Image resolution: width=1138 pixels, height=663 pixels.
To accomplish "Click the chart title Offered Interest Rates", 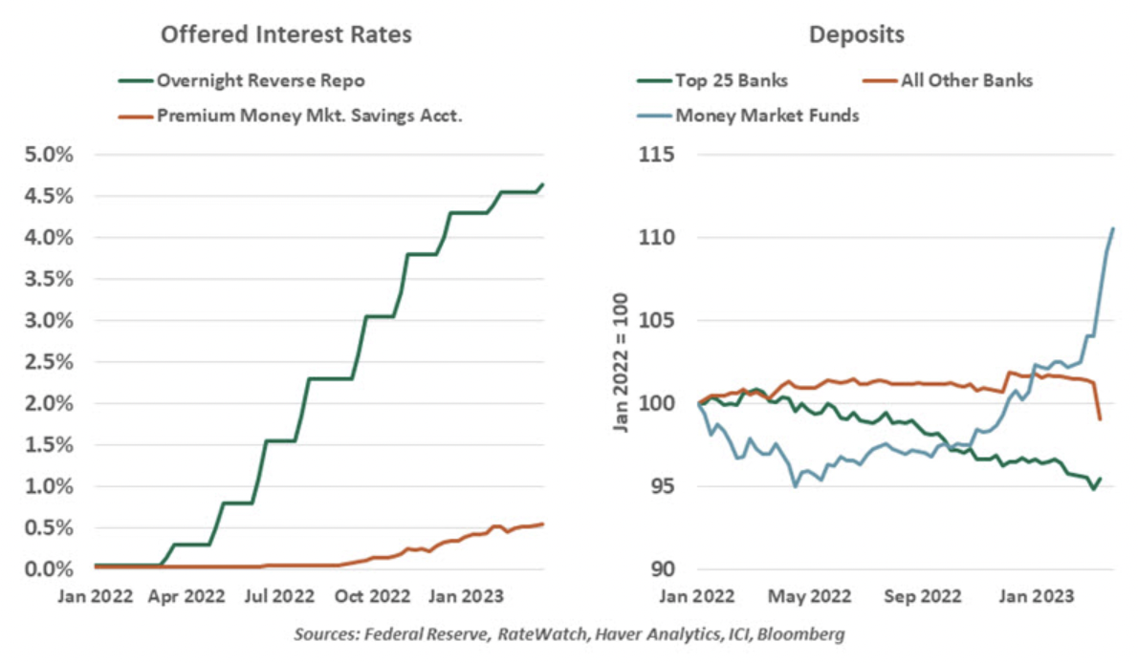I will pos(286,35).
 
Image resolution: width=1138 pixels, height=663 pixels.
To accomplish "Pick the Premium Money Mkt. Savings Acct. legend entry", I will pos(297,117).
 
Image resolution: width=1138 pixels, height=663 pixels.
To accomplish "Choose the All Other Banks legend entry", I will pos(966,80).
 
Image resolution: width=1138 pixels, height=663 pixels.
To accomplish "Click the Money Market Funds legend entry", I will pos(765,117).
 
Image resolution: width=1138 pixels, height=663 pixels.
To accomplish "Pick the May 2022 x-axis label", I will pos(805,595).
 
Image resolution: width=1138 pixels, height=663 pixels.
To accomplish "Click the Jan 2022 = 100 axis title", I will pos(620,361).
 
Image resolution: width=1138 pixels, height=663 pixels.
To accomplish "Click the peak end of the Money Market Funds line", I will pos(1113,228).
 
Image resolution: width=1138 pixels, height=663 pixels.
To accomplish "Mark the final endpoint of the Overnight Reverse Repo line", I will pos(543,183).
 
